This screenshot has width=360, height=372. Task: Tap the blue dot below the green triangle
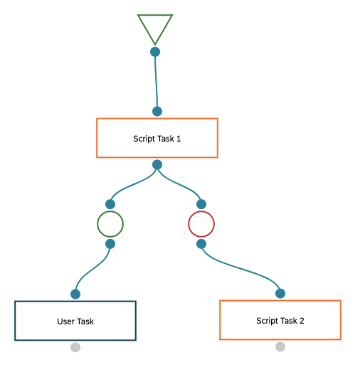point(155,52)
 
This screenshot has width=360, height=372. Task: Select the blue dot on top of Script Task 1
point(157,111)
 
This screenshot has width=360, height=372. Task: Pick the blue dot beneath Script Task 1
point(157,164)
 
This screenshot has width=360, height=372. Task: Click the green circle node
point(97,224)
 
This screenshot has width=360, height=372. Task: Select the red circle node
point(189,224)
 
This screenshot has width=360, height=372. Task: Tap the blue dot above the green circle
point(110,204)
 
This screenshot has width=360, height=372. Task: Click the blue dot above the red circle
point(201,204)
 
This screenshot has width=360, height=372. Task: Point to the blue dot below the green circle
point(110,244)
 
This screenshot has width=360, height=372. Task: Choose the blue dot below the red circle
point(201,244)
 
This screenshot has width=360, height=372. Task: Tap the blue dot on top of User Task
point(75,294)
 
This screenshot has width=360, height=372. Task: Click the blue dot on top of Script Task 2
point(280,294)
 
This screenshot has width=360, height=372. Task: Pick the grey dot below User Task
point(75,347)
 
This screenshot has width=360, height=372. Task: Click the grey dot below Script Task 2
point(280,346)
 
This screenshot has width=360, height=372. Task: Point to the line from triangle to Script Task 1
point(156,82)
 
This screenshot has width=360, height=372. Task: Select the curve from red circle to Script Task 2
point(240,268)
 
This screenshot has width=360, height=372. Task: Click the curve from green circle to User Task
point(92,270)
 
